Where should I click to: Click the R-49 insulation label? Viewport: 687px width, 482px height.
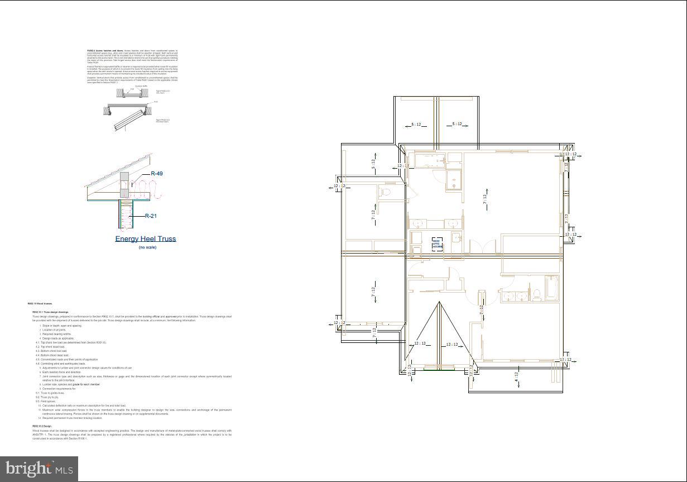click(x=156, y=174)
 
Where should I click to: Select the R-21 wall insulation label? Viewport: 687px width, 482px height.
click(x=150, y=216)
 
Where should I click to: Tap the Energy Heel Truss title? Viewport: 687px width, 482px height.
click(x=146, y=239)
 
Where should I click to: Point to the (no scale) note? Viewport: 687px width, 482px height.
click(x=147, y=247)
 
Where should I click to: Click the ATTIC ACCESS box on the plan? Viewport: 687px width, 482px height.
click(x=438, y=244)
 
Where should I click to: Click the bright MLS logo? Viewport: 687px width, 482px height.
click(x=39, y=469)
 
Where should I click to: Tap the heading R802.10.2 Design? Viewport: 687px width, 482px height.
click(x=42, y=426)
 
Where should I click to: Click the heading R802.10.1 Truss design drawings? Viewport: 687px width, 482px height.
click(x=50, y=312)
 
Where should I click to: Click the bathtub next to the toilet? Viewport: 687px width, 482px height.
click(x=551, y=287)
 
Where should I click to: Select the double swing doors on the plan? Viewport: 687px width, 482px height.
click(x=482, y=247)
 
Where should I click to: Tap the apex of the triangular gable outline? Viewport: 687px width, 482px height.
click(x=439, y=302)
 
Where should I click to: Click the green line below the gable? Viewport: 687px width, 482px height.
click(x=439, y=369)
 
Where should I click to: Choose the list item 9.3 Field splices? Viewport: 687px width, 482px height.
click(x=46, y=401)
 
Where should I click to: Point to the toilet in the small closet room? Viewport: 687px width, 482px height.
click(x=384, y=193)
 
